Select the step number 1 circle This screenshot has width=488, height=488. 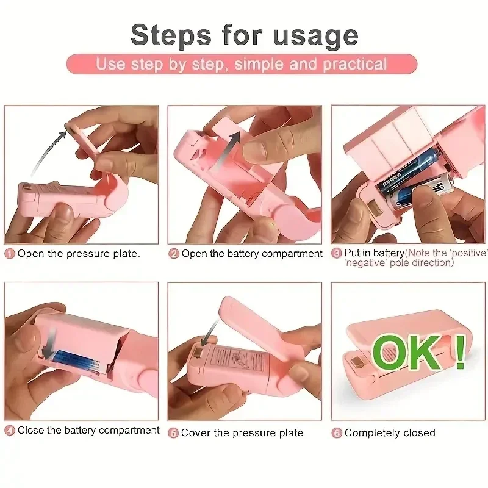10,254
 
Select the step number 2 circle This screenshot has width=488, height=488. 174,254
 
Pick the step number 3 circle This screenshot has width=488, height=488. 336,253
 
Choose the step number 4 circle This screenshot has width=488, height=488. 10,431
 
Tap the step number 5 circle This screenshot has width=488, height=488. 174,433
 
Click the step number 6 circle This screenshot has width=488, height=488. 336,433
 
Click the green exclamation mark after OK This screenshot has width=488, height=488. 460,350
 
